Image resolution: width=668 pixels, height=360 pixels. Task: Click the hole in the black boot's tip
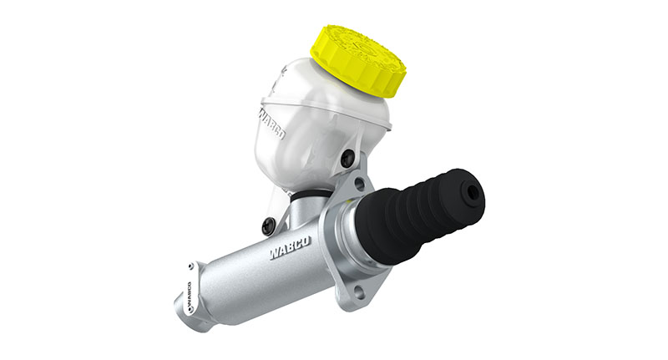tap(473, 194)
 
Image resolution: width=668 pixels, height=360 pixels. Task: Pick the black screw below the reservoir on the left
tap(268, 226)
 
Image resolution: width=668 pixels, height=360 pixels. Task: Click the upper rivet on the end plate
tap(191, 266)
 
